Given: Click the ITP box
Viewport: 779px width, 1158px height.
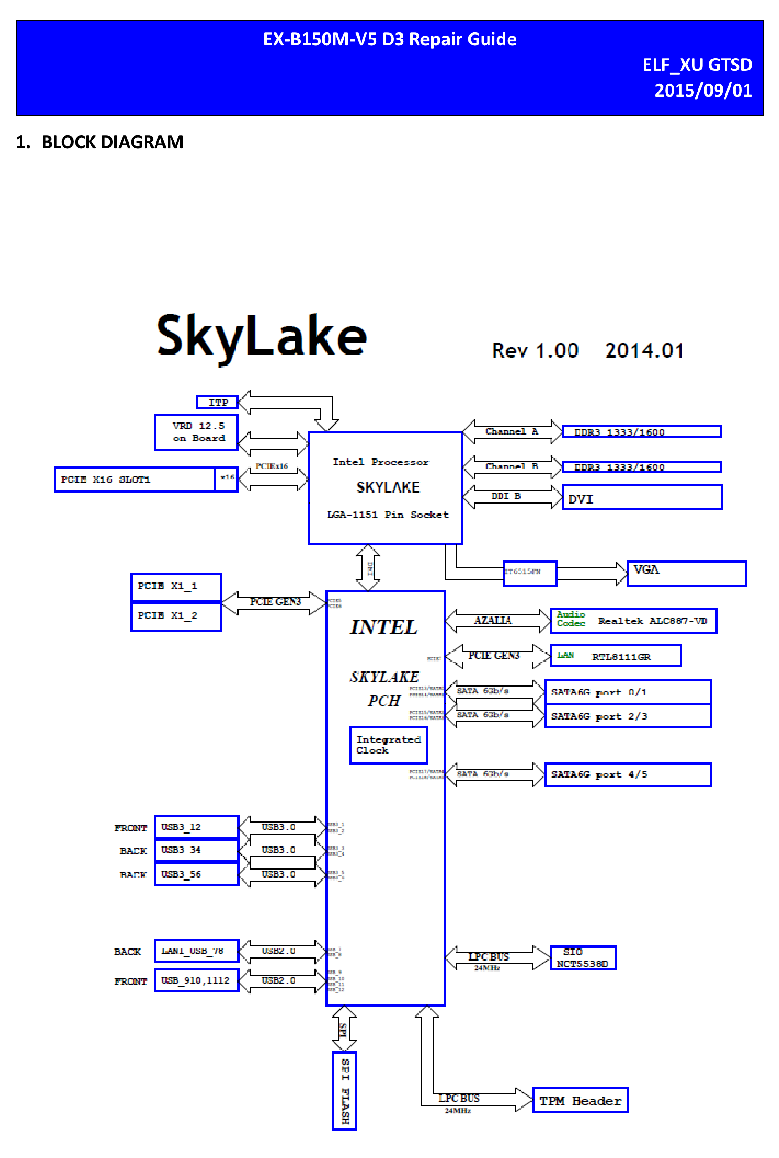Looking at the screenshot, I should coord(217,402).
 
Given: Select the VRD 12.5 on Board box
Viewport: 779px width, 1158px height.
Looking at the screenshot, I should coord(196,432).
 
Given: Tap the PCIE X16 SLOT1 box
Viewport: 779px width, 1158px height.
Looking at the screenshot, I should coord(134,479).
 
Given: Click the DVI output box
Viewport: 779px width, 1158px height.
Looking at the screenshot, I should coord(642,497).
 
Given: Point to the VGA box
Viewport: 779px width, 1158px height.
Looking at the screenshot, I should coord(686,574).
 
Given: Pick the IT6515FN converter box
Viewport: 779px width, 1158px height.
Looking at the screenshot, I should coord(530,573).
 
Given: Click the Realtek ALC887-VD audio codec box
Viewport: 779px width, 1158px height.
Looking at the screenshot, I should coord(634,620).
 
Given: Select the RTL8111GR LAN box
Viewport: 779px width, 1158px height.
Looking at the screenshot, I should coord(616,656).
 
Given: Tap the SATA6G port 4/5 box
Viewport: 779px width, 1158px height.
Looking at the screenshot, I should coord(628,775).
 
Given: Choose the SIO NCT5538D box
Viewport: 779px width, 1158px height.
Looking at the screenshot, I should coord(583,957).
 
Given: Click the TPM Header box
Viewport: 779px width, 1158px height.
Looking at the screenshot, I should coord(580,1100).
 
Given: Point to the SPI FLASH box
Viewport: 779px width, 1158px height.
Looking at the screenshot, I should coord(344,1090).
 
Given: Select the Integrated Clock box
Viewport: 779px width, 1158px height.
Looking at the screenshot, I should coord(388,745).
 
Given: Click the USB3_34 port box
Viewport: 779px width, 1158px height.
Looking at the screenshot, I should coord(196,850).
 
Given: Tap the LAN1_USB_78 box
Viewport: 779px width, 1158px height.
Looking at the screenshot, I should coord(196,951).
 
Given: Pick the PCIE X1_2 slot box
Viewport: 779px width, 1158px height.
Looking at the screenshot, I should coord(176,616).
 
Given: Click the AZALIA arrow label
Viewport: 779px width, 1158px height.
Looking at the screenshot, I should coord(492,620).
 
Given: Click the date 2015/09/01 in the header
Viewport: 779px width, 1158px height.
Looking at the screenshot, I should coord(703,91).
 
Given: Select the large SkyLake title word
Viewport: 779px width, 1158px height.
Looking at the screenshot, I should coord(261,337).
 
